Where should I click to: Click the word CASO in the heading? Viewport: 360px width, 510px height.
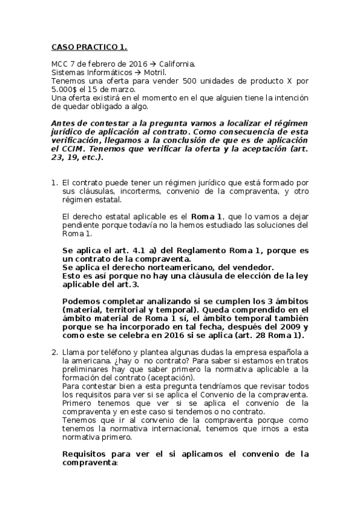coord(64,46)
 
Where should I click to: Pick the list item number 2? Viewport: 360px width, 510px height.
coord(54,351)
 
